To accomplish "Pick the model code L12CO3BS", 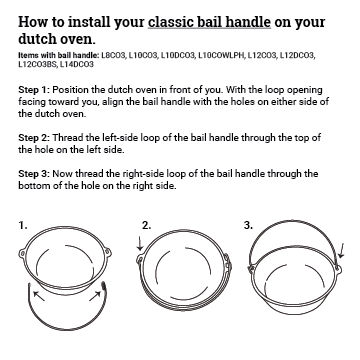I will click(x=39, y=63).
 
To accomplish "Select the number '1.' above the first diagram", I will click(x=23, y=226).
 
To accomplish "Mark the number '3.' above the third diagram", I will click(x=248, y=226).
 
